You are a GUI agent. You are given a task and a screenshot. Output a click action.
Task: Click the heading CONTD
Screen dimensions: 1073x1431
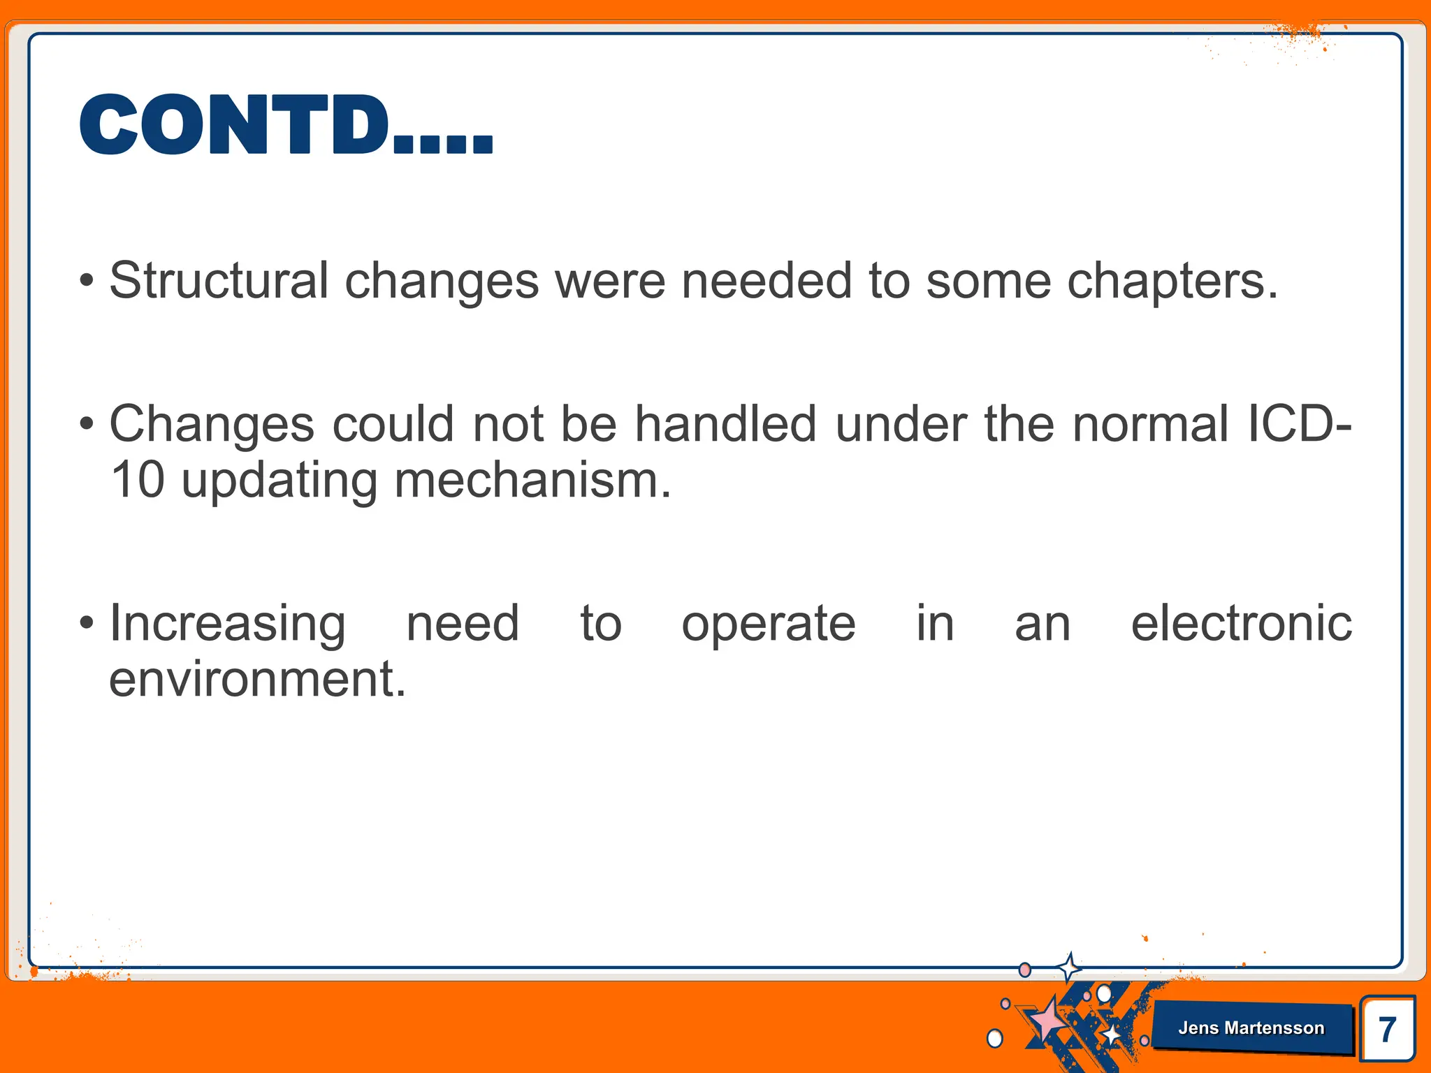point(285,126)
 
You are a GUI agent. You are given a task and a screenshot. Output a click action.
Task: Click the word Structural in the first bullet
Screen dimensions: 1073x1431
point(219,281)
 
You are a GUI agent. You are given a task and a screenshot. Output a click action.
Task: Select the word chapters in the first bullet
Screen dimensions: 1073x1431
point(1172,281)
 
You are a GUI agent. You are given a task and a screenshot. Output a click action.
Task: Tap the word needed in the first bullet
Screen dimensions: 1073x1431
point(766,281)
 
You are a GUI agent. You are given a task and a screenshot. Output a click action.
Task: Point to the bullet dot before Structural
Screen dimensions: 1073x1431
point(86,282)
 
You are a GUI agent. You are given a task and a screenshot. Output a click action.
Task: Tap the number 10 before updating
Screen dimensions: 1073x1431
point(137,481)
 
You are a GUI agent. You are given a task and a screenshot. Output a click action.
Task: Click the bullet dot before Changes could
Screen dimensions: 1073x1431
point(86,424)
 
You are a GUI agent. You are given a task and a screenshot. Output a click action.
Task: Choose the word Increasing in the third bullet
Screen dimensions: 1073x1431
point(227,623)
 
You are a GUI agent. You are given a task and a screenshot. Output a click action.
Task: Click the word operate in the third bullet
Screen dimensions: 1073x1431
point(768,623)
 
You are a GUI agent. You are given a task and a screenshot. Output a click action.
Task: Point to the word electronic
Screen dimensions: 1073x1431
point(1241,623)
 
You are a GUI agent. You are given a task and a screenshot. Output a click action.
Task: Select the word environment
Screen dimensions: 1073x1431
point(256,679)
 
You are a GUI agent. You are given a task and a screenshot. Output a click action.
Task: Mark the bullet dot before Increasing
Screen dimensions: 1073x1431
point(86,622)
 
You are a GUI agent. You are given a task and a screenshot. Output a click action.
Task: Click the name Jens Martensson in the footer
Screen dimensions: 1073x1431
point(1251,1028)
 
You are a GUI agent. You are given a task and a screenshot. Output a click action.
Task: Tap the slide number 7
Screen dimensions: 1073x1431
point(1388,1030)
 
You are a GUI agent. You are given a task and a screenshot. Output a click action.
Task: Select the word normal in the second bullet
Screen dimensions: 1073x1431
point(1150,424)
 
